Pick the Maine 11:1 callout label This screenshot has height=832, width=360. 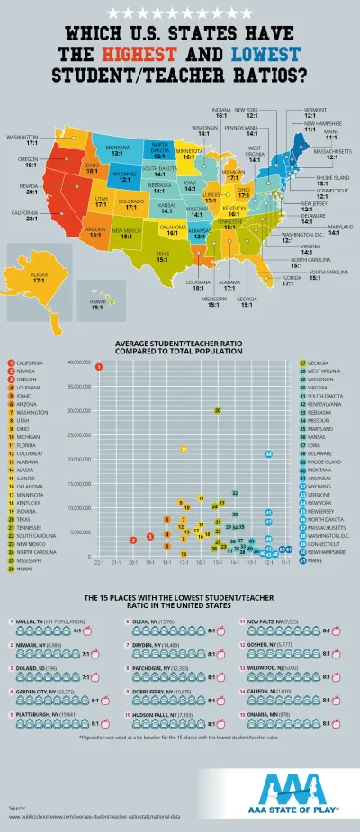pyautogui.click(x=331, y=134)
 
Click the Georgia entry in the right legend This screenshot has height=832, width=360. pyautogui.click(x=317, y=362)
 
